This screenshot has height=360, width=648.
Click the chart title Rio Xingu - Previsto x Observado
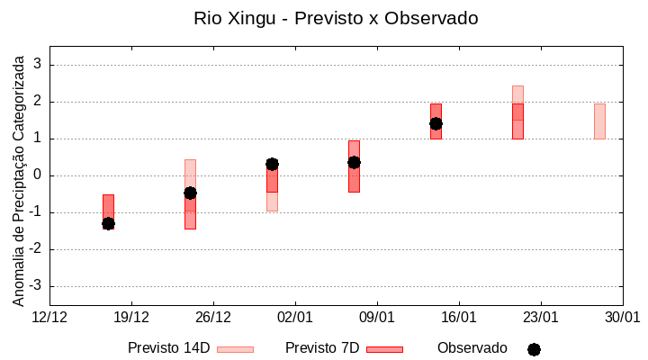click(336, 18)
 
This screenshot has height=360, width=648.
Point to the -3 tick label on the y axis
click(35, 286)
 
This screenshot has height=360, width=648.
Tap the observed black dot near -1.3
click(108, 223)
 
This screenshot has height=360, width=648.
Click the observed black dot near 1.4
click(436, 123)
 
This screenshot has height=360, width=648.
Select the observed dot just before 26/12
click(190, 193)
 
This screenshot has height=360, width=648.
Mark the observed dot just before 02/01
click(272, 164)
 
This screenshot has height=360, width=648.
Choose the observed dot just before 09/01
click(354, 162)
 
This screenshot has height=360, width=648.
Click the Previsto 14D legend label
click(168, 348)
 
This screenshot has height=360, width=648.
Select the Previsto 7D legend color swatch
click(384, 349)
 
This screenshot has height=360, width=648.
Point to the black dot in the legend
click(534, 349)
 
